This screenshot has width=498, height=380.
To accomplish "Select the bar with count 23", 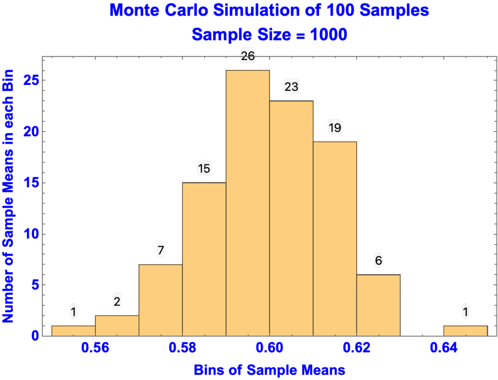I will pos(291,218).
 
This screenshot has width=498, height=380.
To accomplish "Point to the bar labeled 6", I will pos(378,305).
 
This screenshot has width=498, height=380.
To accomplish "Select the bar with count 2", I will pos(117,326).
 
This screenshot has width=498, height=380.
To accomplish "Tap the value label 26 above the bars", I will pos(248,57).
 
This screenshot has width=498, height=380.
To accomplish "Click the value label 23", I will pos(291,87).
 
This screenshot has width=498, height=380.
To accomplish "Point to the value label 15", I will pos(204,169).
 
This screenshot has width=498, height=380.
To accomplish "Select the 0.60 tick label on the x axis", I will pos(269,348).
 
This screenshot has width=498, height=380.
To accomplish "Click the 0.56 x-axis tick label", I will pos(95,348).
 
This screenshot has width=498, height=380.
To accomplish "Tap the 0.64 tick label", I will pos(444,348).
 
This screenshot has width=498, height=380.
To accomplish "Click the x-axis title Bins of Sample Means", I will pos(269,370).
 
